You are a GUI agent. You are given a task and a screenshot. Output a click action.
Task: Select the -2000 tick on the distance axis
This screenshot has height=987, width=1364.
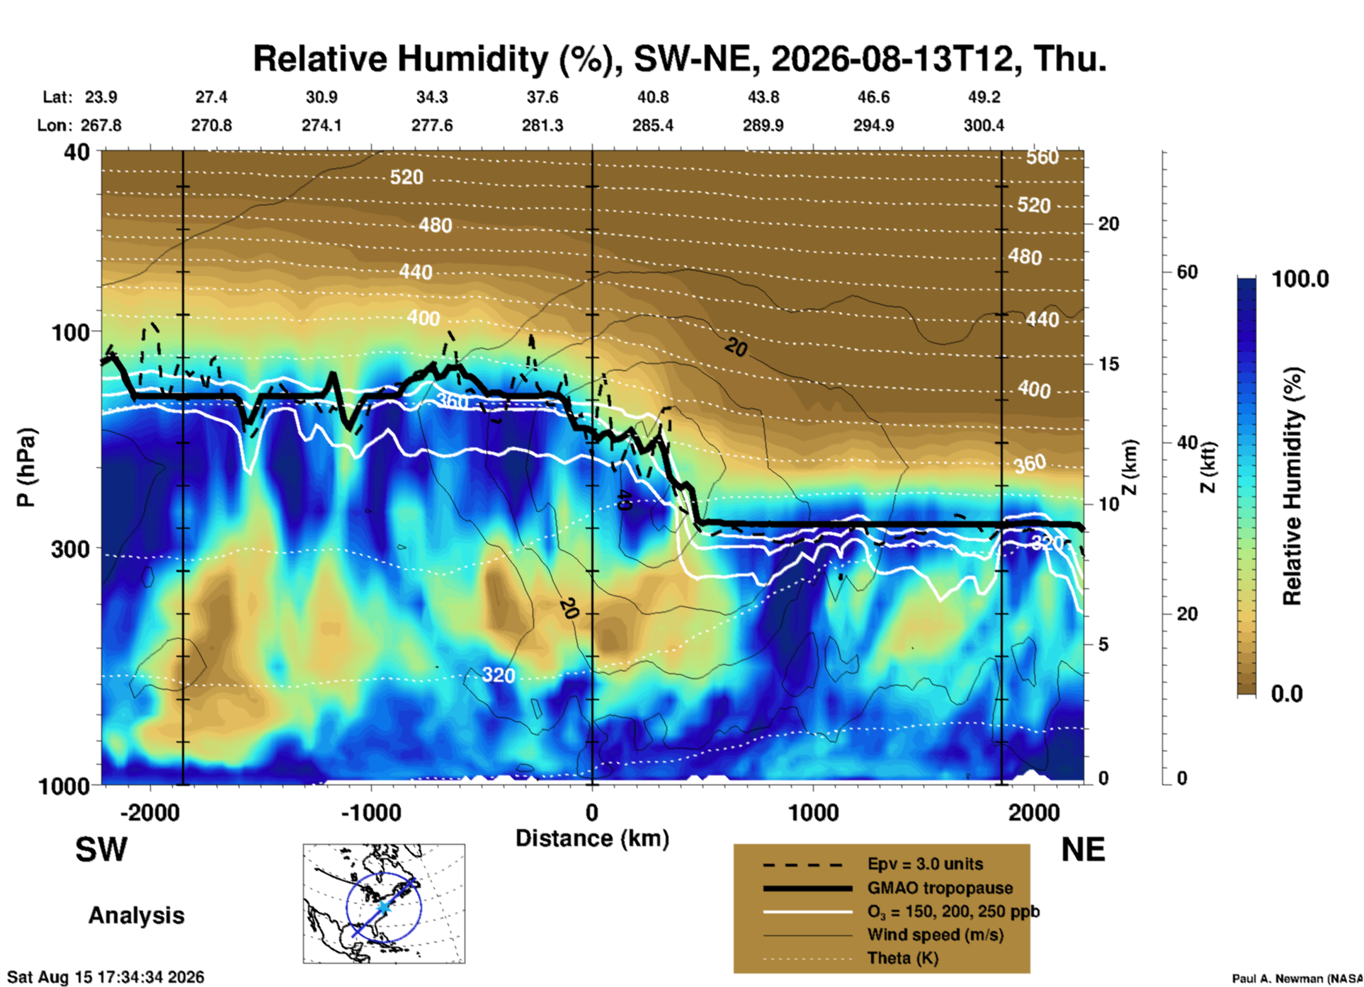tap(149, 812)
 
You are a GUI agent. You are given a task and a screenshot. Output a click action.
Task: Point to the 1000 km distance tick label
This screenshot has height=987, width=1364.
tap(813, 812)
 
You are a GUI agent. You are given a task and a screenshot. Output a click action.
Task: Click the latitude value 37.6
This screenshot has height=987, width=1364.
tap(542, 97)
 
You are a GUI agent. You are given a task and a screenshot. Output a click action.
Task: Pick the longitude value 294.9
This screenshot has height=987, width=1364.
tap(873, 125)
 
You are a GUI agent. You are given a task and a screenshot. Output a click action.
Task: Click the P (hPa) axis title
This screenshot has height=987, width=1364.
tap(26, 467)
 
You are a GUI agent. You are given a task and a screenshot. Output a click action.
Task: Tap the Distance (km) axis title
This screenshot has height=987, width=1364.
tap(592, 838)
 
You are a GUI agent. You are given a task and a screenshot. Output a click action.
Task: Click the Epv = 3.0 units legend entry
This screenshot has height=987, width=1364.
tap(873, 865)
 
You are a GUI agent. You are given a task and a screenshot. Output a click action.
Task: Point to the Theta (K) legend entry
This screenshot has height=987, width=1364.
tap(851, 959)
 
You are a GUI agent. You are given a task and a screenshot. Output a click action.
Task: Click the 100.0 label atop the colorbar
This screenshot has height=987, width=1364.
tap(1300, 278)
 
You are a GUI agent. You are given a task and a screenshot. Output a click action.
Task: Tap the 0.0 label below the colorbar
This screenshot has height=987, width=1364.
tap(1287, 694)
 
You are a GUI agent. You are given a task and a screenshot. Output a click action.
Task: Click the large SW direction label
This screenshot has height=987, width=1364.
tap(101, 850)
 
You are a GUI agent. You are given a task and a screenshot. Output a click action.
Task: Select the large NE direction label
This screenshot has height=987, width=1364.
tap(1083, 850)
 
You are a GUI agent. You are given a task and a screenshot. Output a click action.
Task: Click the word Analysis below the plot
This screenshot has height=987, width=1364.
tap(136, 915)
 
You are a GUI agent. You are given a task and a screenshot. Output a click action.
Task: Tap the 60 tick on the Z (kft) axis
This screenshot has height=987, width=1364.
tap(1187, 273)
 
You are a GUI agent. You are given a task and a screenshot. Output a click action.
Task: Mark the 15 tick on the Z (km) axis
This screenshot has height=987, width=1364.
tap(1109, 364)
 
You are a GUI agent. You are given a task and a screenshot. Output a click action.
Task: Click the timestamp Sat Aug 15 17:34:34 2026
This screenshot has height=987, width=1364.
tap(106, 977)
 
